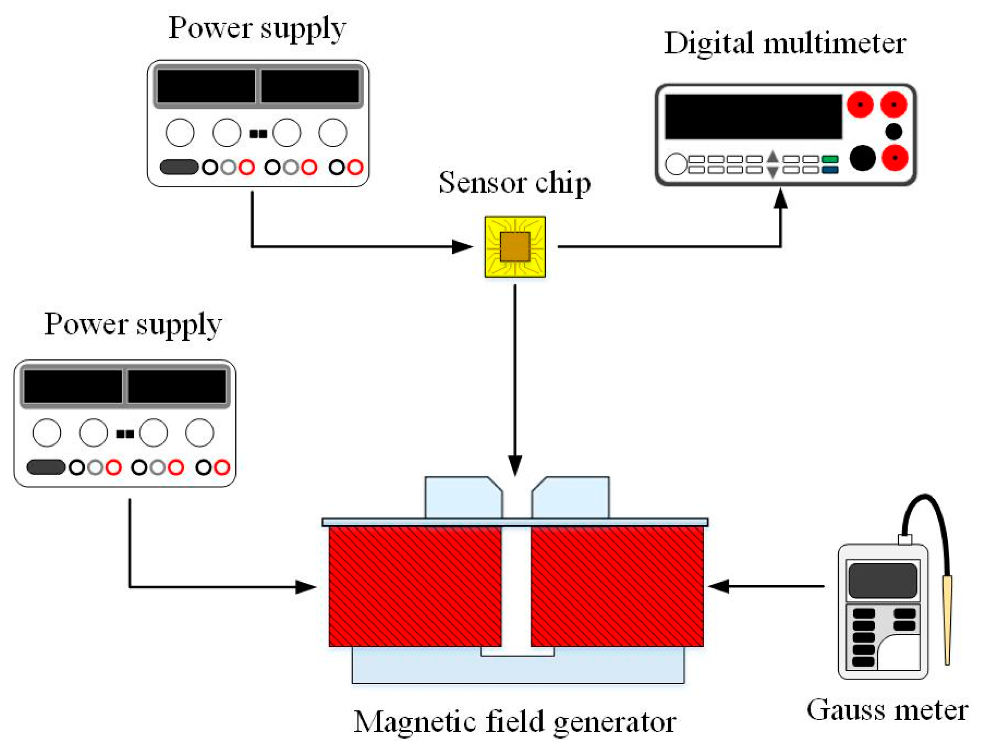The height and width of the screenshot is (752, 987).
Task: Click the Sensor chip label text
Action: coord(514,183)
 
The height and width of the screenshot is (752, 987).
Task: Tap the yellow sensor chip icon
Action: coord(514,246)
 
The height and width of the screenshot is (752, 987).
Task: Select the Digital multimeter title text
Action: coord(784,44)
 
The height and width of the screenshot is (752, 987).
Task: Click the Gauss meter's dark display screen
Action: coord(882,580)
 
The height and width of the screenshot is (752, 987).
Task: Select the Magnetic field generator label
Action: coord(514,722)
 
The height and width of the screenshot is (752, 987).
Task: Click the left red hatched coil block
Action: coord(414,586)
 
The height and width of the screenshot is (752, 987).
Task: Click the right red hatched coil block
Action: coord(616,586)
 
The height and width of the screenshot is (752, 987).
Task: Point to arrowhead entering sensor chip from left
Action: coord(462,246)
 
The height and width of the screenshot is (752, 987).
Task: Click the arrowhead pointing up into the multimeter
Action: coord(780,198)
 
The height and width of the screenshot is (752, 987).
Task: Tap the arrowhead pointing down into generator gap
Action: coord(514,465)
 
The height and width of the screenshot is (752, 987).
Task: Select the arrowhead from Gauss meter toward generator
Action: coord(719,586)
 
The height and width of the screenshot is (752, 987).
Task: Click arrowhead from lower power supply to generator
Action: coord(305,587)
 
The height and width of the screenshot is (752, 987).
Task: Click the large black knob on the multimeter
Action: coord(862,158)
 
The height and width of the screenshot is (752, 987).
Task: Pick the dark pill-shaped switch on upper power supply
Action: coord(179,167)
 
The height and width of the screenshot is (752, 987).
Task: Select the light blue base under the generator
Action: coord(517,669)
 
